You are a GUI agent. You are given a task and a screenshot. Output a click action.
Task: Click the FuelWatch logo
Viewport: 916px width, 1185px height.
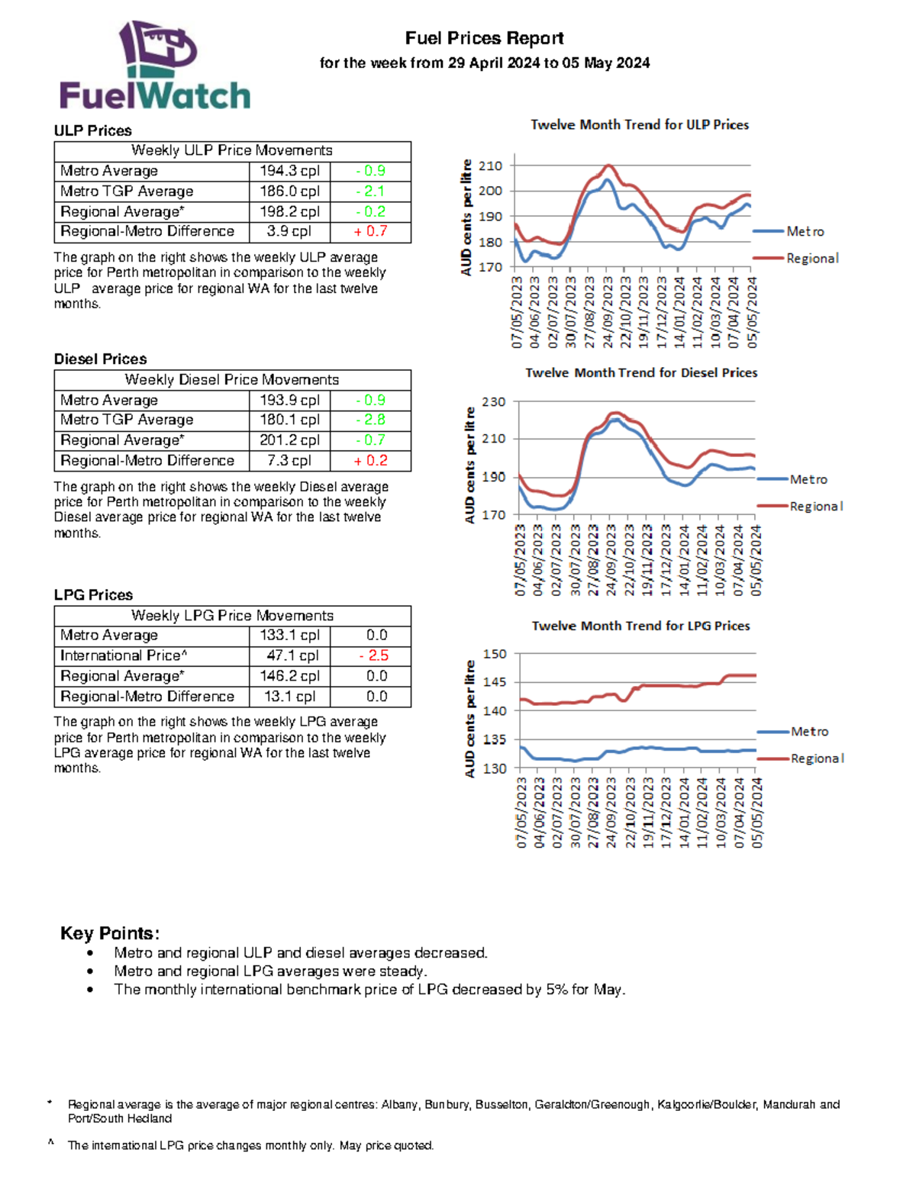[156, 66]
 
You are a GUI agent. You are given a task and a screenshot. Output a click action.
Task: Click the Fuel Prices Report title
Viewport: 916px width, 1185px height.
[484, 38]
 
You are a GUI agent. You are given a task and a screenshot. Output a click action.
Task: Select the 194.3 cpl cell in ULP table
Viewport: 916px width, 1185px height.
[289, 171]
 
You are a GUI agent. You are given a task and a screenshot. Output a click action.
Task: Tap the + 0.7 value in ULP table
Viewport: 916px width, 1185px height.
[370, 231]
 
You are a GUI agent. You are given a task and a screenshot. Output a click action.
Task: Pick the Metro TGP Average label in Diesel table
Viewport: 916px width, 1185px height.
[127, 420]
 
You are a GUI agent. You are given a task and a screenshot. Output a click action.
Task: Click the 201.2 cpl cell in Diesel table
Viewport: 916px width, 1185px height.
[289, 440]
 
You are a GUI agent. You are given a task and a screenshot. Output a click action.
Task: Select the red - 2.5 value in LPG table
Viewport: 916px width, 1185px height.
[373, 655]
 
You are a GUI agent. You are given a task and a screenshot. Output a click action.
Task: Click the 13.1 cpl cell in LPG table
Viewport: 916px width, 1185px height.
[289, 697]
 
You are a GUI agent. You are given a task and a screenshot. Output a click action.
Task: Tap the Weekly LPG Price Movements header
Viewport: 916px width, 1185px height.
[232, 616]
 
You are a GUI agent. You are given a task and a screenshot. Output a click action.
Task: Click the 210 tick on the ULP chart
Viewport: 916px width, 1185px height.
[490, 166]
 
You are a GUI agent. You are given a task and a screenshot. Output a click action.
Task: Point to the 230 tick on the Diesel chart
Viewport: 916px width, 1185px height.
[494, 402]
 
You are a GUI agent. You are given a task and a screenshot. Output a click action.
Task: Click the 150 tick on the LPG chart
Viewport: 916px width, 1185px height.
[495, 654]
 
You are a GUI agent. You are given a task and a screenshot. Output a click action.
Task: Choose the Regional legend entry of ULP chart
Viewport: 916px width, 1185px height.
[812, 259]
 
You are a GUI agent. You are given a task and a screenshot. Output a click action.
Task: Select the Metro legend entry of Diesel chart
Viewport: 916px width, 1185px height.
[808, 479]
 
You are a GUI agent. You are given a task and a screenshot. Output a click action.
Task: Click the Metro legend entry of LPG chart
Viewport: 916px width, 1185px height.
[809, 732]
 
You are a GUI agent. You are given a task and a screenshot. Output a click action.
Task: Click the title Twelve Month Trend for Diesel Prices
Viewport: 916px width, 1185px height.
[641, 372]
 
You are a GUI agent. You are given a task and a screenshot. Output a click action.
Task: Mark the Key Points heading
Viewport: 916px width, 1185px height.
[110, 933]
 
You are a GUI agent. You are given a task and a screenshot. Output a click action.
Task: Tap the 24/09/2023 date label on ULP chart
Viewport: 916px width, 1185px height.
[608, 313]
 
